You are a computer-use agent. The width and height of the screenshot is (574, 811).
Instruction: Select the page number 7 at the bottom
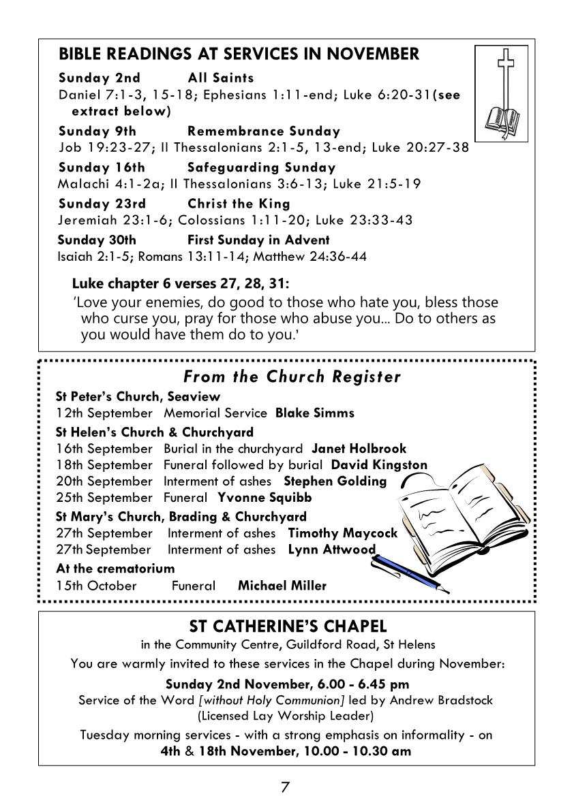tap(285, 787)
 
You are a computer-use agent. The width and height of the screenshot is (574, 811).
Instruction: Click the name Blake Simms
tap(314, 413)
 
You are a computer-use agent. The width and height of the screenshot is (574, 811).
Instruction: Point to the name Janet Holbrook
tap(359, 448)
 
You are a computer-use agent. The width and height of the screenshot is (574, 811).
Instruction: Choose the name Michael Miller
tap(282, 585)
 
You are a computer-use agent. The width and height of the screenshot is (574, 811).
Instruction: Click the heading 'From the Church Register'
tap(292, 377)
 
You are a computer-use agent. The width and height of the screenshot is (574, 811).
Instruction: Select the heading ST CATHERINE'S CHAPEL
tap(287, 625)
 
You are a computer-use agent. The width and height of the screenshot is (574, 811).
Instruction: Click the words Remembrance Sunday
tap(263, 131)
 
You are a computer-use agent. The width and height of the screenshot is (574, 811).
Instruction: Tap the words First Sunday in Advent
tap(258, 240)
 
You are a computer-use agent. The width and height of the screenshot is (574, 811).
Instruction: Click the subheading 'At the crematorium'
tap(115, 568)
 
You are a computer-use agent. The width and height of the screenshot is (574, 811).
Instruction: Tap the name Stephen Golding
tap(335, 481)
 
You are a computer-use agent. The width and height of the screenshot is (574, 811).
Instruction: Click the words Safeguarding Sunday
tap(261, 168)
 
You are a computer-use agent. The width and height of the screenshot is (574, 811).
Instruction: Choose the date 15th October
tap(96, 585)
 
